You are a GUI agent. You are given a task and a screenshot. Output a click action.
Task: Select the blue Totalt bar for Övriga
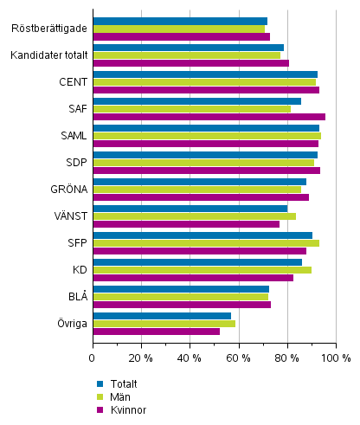click(162, 316)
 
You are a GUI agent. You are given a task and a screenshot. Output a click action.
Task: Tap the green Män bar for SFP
click(205, 243)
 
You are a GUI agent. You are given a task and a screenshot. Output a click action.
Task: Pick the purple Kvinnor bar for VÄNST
click(186, 224)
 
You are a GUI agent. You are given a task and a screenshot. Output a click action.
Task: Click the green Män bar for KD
click(202, 270)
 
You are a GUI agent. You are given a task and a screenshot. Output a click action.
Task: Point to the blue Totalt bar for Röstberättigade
click(180, 21)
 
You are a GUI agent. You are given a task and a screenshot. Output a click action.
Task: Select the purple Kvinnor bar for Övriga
click(156, 332)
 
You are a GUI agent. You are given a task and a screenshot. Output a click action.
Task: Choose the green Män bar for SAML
click(206, 136)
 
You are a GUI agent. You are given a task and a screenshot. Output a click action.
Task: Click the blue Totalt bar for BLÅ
click(181, 289)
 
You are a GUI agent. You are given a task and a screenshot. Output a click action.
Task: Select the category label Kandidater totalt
click(49, 55)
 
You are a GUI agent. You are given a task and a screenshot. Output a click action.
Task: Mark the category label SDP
click(75, 163)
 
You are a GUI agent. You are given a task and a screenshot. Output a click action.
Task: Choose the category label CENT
click(73, 82)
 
